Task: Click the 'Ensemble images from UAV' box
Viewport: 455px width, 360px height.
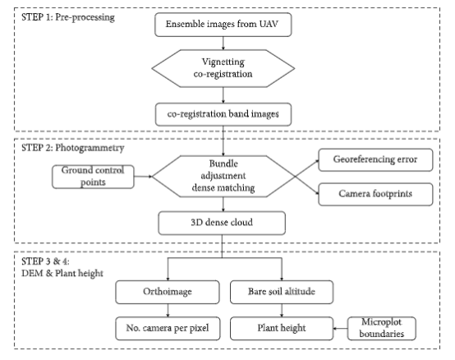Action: [223, 25]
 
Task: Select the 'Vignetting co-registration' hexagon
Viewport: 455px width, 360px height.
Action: [223, 68]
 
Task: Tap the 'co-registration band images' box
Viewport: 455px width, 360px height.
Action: [223, 114]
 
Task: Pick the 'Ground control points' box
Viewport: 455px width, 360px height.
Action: [93, 177]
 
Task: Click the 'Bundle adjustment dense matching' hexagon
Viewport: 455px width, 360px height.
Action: [223, 176]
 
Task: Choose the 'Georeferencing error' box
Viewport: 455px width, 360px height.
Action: [375, 159]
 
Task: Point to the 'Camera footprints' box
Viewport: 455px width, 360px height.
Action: [375, 194]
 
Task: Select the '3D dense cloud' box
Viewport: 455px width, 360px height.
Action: [222, 223]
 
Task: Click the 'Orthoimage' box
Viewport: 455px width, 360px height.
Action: [168, 292]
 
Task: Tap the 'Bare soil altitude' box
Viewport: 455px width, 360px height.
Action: [282, 292]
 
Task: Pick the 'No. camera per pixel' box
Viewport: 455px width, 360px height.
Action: [168, 328]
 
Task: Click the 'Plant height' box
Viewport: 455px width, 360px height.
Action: [282, 328]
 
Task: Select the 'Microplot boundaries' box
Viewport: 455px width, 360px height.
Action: [381, 328]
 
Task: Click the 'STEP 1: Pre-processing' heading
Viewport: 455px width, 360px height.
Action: [68, 17]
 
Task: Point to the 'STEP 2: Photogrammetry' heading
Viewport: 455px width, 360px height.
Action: [72, 148]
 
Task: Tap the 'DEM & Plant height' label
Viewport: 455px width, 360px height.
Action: [62, 274]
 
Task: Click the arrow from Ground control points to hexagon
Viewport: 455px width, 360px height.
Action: [143, 176]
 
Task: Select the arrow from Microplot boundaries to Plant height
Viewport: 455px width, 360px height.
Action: [340, 329]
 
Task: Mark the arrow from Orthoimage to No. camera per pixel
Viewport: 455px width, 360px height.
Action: [168, 311]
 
